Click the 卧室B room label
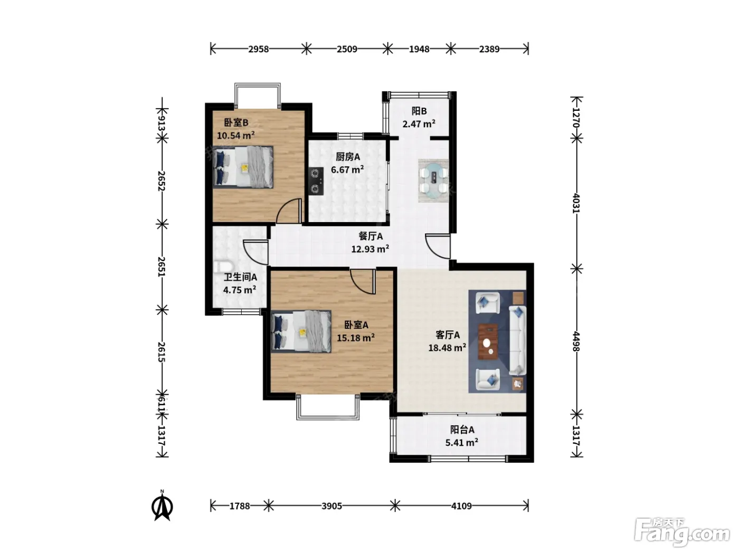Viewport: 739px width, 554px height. click(236, 122)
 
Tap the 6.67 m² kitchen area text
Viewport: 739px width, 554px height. click(347, 169)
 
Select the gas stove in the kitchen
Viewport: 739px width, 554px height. click(316, 182)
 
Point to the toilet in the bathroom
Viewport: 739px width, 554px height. click(223, 267)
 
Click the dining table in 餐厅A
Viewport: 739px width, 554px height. click(434, 180)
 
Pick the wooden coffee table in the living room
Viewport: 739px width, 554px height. click(488, 342)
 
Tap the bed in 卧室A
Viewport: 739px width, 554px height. click(301, 332)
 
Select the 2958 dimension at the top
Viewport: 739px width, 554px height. click(259, 49)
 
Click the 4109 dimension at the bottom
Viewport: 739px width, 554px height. click(461, 506)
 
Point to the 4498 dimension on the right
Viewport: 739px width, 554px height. click(576, 341)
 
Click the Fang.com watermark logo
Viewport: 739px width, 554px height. click(681, 535)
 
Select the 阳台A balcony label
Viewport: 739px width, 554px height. click(462, 429)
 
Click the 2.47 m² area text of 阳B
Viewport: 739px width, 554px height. click(419, 124)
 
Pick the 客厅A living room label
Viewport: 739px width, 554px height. click(448, 335)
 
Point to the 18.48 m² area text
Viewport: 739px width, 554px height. click(447, 348)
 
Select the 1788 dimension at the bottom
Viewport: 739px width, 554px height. click(240, 506)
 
